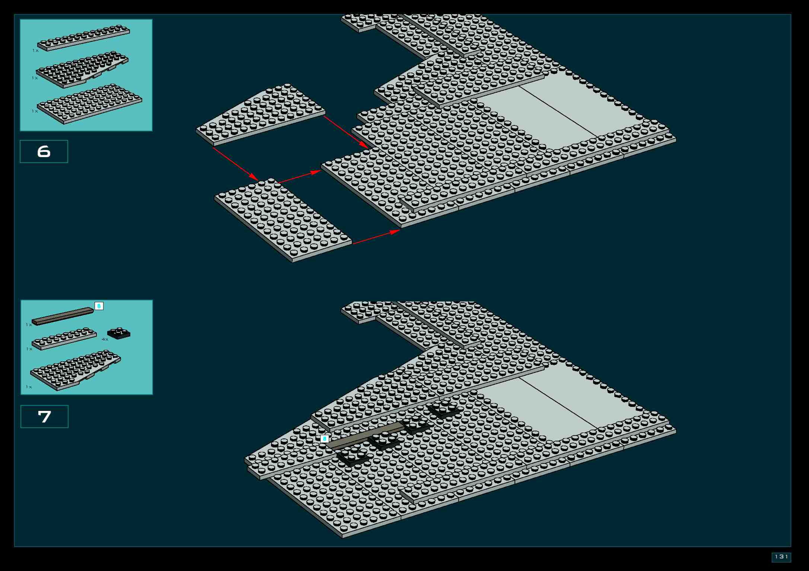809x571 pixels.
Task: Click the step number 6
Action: (x=44, y=151)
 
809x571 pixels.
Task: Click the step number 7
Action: (x=44, y=417)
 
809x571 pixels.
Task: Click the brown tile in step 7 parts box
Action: (x=63, y=316)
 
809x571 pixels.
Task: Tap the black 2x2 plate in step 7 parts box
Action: (x=119, y=333)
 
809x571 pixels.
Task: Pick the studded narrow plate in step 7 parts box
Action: (x=64, y=339)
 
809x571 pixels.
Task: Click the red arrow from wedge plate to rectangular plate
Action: (x=235, y=164)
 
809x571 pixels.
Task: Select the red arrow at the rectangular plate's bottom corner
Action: (x=376, y=237)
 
